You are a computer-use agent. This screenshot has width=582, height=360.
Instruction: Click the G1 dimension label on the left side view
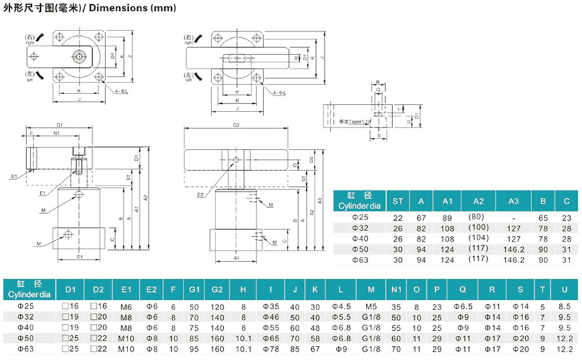[60, 125]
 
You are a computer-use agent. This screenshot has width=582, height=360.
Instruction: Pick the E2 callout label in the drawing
[200, 195]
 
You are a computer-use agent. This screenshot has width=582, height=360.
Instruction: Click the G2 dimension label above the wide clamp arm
[236, 125]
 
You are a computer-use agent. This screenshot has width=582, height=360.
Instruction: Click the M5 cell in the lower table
[371, 305]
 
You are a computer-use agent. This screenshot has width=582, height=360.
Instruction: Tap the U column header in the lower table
[565, 288]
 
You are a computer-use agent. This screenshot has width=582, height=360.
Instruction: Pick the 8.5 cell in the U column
[565, 305]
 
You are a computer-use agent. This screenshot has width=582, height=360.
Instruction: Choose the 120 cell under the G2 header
[217, 305]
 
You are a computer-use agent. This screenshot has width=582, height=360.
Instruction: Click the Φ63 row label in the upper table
[360, 260]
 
